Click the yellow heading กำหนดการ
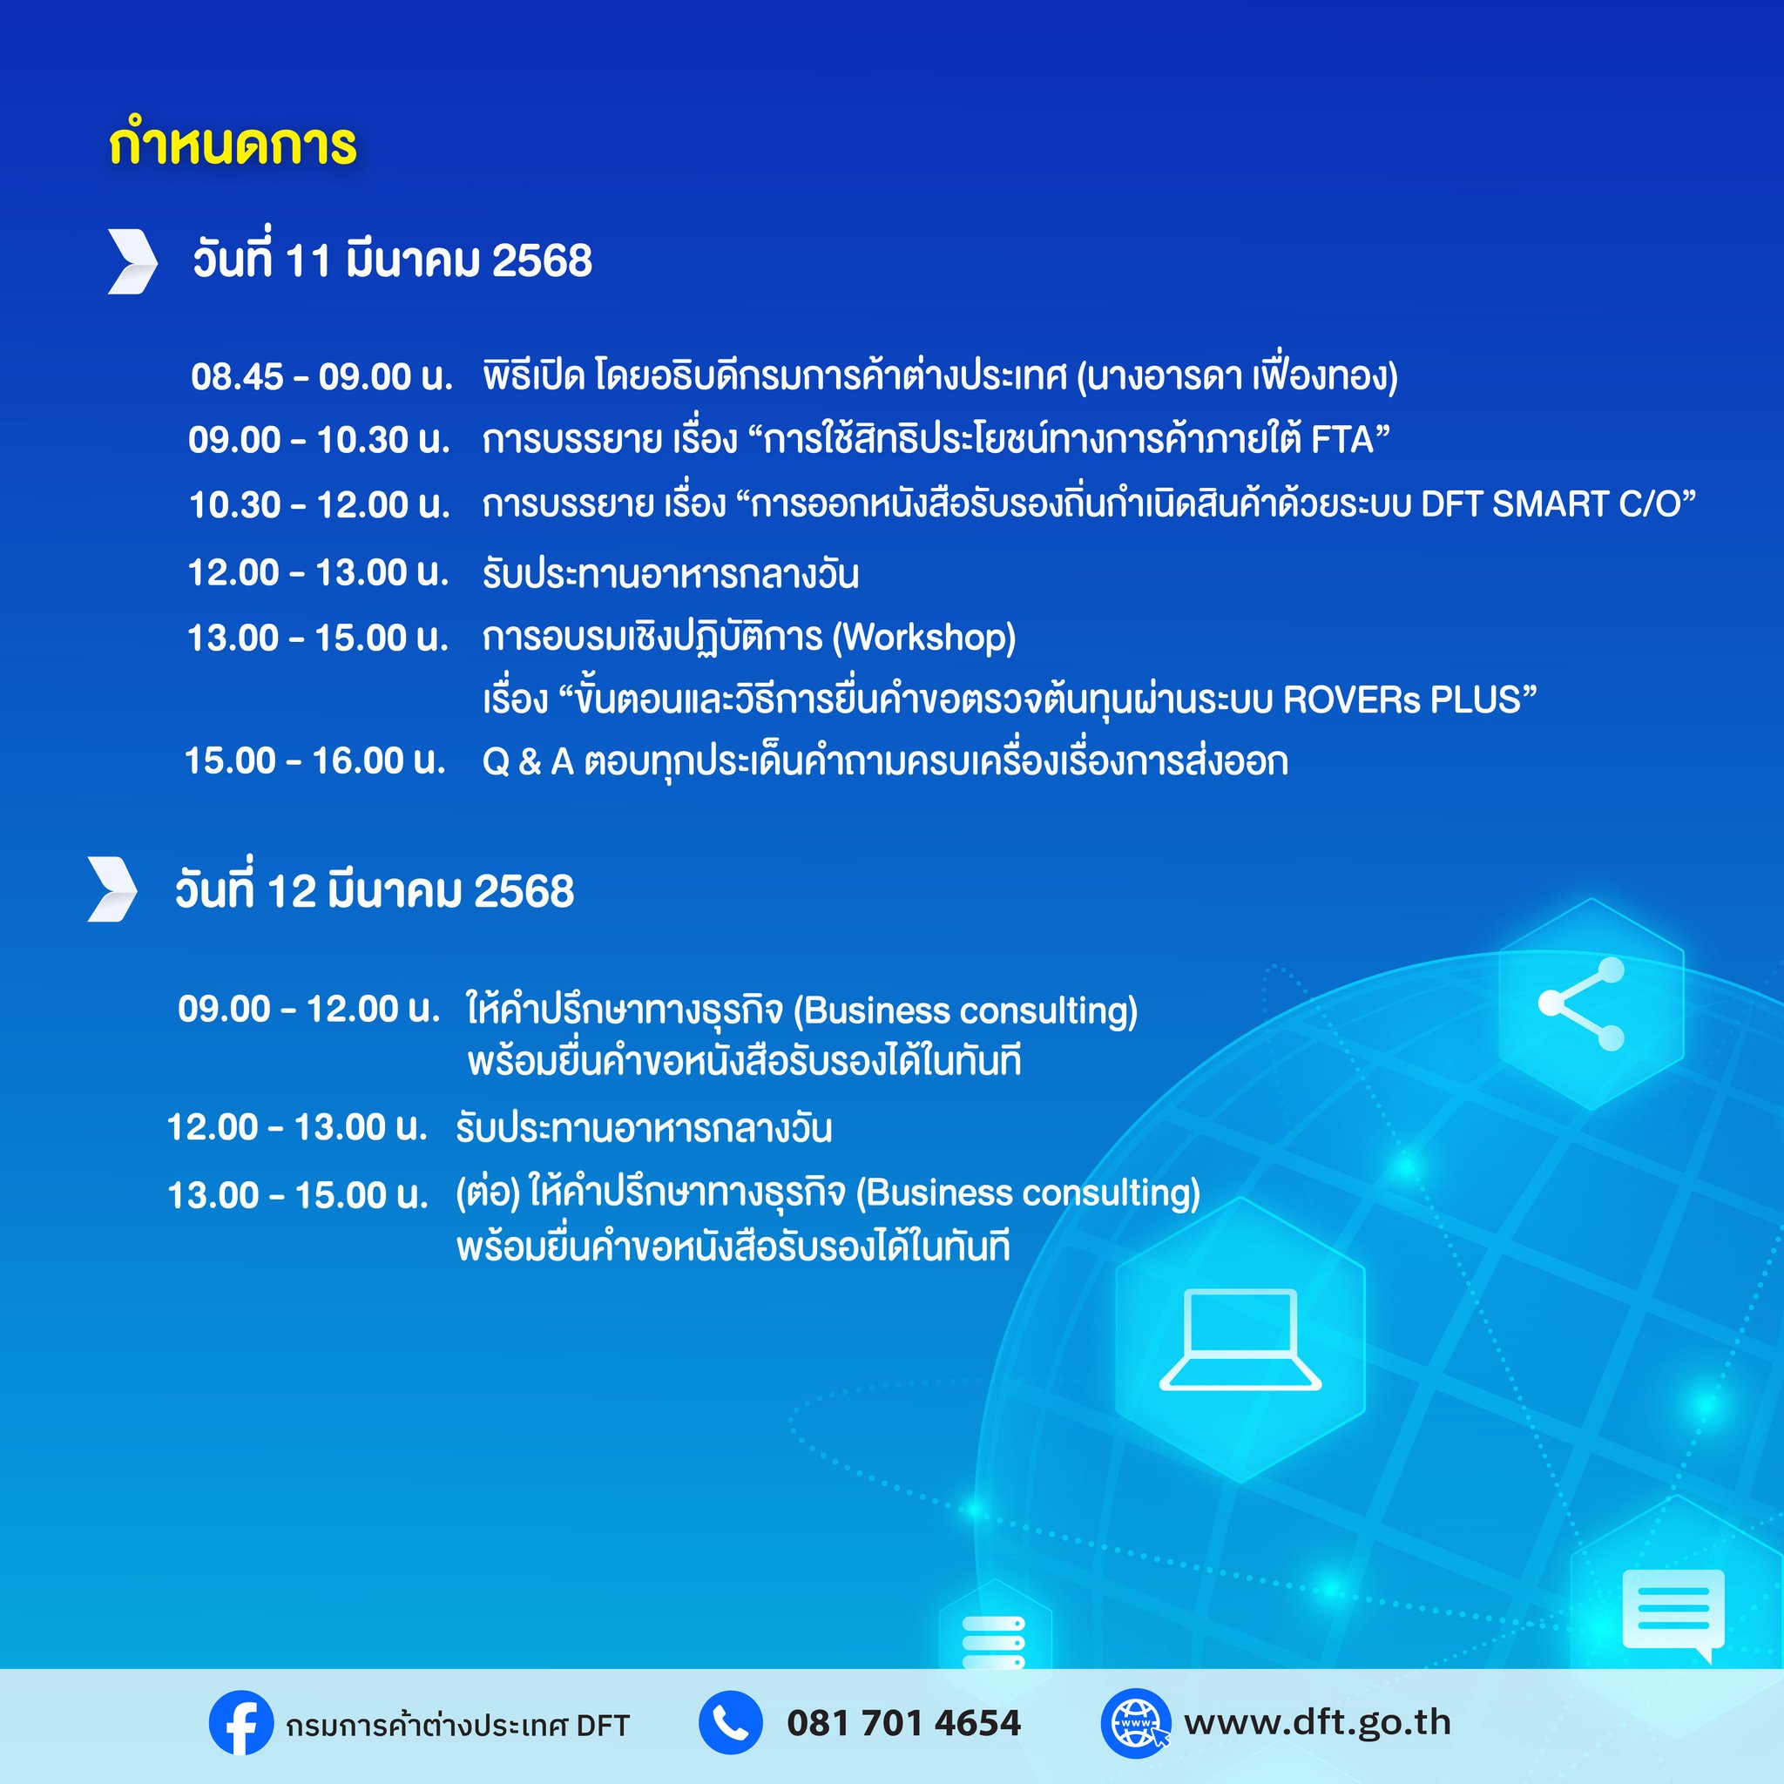(233, 143)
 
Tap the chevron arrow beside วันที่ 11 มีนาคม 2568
(133, 261)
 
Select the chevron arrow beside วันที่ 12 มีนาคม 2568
(112, 889)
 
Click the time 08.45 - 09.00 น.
(322, 376)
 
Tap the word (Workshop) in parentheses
(923, 637)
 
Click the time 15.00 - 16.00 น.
(316, 760)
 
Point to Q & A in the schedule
(528, 762)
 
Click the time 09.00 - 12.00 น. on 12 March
(309, 1009)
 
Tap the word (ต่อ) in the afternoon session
(488, 1193)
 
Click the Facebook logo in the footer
(241, 1723)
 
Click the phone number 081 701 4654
(904, 1723)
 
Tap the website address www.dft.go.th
(1318, 1722)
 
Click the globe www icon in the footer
(1135, 1723)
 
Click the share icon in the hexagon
(1582, 1004)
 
